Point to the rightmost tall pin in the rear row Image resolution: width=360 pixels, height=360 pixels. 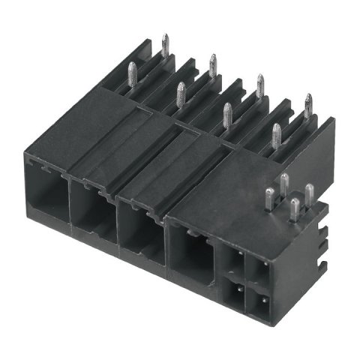point(307,106)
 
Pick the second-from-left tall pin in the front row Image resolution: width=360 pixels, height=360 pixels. point(180,96)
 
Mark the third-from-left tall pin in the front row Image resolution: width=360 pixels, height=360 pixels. point(227,115)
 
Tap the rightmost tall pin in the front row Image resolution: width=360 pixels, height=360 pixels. point(277,137)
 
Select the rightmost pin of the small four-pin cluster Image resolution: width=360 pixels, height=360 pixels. point(309,196)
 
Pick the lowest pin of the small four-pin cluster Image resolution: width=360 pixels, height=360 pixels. point(295,211)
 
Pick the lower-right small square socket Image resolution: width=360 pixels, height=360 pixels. point(258,301)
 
